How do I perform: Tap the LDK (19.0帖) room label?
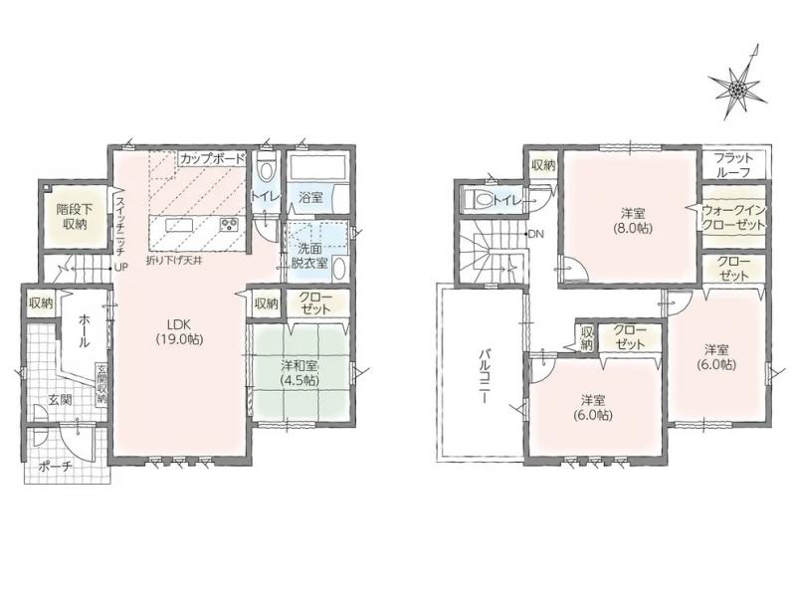179,332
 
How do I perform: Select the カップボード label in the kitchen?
213,158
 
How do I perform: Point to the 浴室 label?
310,197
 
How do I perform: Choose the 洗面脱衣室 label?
309,256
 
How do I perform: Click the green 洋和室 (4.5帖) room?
300,372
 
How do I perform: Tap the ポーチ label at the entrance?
56,466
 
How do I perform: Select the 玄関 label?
60,400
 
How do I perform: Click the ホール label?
84,331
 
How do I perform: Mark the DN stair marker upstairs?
535,234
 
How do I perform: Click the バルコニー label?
484,375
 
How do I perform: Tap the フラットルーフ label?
733,165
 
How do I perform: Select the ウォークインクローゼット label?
733,217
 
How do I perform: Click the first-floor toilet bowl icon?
265,167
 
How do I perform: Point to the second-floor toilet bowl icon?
478,198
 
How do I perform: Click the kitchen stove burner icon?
230,225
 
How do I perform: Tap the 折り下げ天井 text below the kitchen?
171,263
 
